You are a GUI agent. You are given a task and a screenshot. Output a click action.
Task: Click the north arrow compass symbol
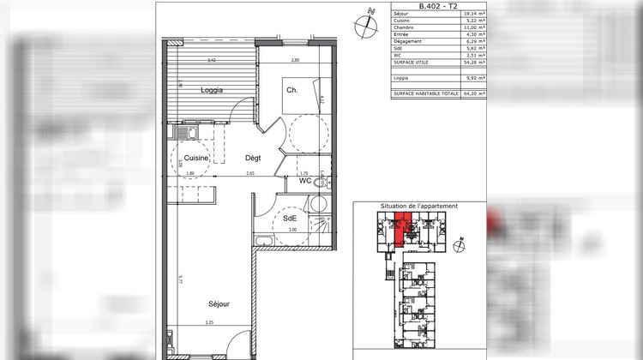pyautogui.click(x=370, y=21)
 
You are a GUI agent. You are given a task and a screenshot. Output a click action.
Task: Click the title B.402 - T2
pyautogui.click(x=438, y=6)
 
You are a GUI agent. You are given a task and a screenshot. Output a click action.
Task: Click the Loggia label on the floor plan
pyautogui.click(x=212, y=89)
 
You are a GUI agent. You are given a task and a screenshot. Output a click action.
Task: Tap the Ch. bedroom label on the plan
pyautogui.click(x=291, y=91)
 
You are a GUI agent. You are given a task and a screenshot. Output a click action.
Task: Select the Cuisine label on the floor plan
pyautogui.click(x=197, y=159)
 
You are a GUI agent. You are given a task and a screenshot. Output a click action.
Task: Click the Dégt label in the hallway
pyautogui.click(x=253, y=158)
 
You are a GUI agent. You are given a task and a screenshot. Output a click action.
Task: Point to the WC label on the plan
pyautogui.click(x=304, y=181)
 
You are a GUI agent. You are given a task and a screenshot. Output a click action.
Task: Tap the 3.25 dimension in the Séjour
pyautogui.click(x=208, y=323)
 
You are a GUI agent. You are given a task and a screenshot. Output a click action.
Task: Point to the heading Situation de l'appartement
pyautogui.click(x=419, y=207)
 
